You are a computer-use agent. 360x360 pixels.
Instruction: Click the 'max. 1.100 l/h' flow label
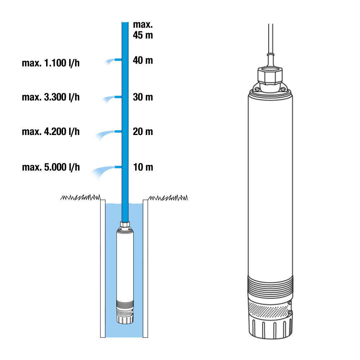click(x=51, y=63)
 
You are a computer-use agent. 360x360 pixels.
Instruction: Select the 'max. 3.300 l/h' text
click(x=51, y=97)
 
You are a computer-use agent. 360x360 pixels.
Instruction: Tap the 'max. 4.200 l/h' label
click(x=51, y=131)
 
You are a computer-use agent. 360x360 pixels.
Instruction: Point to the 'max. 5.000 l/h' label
click(x=51, y=167)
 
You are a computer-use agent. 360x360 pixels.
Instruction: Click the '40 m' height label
click(x=143, y=60)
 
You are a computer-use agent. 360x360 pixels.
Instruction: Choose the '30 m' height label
click(x=143, y=97)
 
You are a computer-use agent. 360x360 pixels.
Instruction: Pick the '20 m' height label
click(x=143, y=131)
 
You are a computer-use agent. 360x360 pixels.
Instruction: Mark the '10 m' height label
click(x=143, y=167)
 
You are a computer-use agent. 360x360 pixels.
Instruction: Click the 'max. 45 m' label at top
click(x=143, y=30)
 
